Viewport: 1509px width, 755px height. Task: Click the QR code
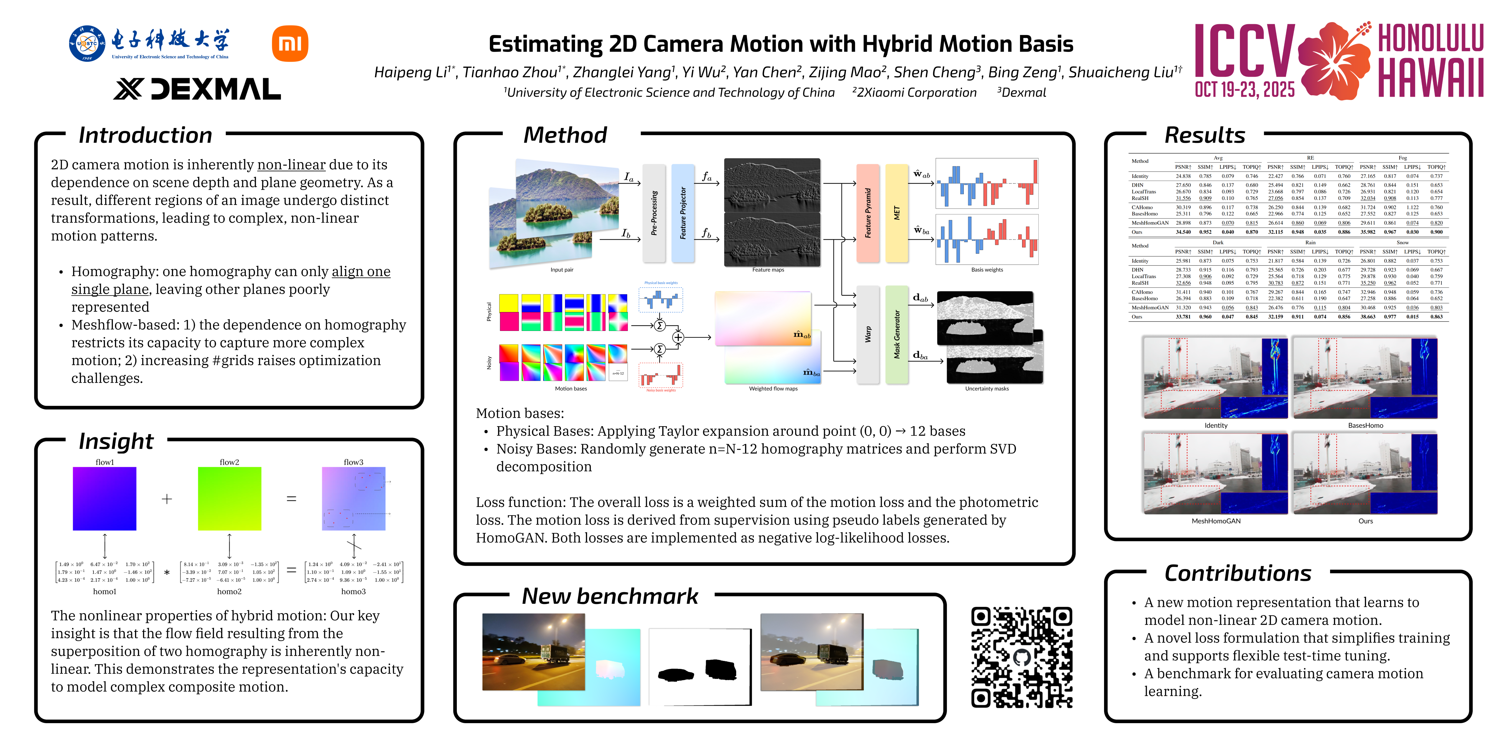click(x=1022, y=657)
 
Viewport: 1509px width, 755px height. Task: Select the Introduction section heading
click(x=145, y=135)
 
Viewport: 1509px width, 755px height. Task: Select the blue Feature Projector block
click(x=683, y=213)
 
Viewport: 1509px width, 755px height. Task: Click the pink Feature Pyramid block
click(x=868, y=213)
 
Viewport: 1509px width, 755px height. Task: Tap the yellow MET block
click(x=896, y=213)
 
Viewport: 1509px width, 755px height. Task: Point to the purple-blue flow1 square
click(x=104, y=498)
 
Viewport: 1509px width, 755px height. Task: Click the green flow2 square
click(x=229, y=498)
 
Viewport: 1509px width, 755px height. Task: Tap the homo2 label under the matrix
click(x=229, y=591)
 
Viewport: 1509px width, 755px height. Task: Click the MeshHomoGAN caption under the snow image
click(x=1215, y=521)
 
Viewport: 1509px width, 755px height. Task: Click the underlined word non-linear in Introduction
click(x=291, y=165)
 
